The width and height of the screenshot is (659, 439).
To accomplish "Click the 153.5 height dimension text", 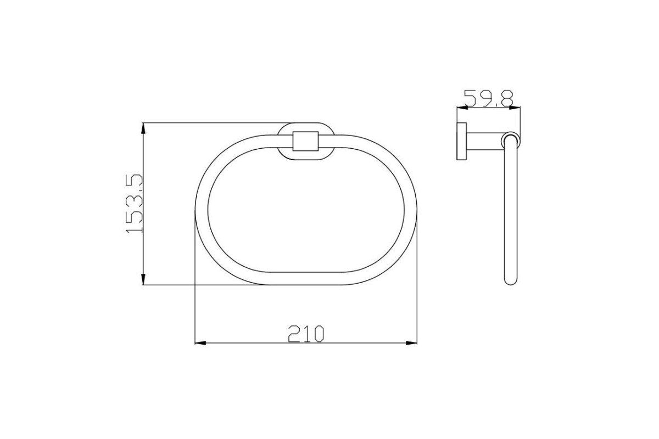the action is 134,204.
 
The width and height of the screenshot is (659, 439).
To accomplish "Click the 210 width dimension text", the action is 306,334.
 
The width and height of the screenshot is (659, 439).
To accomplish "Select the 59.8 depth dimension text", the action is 489,99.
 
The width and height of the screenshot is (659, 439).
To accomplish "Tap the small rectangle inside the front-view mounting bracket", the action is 306,141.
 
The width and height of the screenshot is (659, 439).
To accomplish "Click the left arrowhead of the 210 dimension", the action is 200,343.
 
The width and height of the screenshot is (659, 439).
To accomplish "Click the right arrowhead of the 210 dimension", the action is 411,343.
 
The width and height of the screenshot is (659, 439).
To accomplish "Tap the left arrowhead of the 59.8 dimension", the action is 462,108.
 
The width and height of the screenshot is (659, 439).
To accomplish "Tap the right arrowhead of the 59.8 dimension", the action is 515,108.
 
